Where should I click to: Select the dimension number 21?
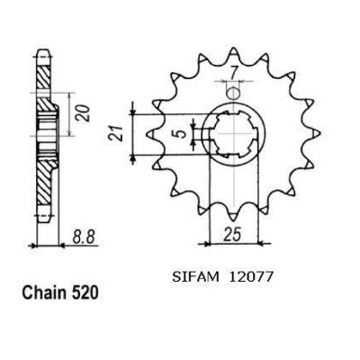click(x=116, y=134)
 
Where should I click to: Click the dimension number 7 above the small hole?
click(x=234, y=73)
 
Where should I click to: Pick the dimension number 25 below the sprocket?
click(x=232, y=235)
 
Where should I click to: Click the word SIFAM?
click(x=195, y=276)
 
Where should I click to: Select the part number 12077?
click(x=250, y=276)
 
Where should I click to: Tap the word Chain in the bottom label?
click(x=44, y=292)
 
